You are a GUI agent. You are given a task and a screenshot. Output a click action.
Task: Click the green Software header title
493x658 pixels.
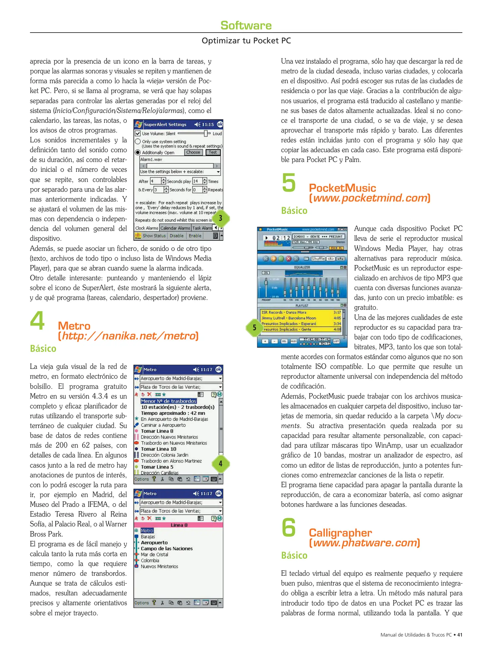pos(246,25)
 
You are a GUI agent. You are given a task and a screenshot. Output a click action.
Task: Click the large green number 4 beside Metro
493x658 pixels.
pos(37,320)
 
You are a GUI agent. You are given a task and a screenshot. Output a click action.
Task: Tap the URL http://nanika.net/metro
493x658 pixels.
pos(128,336)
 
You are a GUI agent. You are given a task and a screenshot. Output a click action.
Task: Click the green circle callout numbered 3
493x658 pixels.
pos(220,218)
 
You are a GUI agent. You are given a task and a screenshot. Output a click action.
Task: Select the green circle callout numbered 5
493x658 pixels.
pos(254,327)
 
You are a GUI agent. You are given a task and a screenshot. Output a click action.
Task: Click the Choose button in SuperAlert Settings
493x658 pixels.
pos(193,152)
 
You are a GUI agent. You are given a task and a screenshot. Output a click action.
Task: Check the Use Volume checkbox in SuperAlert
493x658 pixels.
pos(138,133)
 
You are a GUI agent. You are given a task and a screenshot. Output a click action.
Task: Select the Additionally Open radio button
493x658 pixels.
pos(138,152)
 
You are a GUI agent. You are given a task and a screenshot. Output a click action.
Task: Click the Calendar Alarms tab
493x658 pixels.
pos(175,228)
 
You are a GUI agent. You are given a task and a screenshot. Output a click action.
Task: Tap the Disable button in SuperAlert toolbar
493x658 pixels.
pos(176,235)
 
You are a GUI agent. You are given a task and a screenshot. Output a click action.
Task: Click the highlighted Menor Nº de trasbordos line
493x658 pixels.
pos(168,401)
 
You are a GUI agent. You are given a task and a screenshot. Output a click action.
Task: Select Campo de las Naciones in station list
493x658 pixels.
pos(167,548)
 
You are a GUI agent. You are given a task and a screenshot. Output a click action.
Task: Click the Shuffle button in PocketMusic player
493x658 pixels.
pos(318,259)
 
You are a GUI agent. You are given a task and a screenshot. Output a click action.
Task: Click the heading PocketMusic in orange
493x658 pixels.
pos(342,188)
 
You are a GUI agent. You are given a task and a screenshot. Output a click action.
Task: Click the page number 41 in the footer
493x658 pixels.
pos(459,635)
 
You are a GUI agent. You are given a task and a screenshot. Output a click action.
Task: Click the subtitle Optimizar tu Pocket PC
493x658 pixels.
pos(246,41)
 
